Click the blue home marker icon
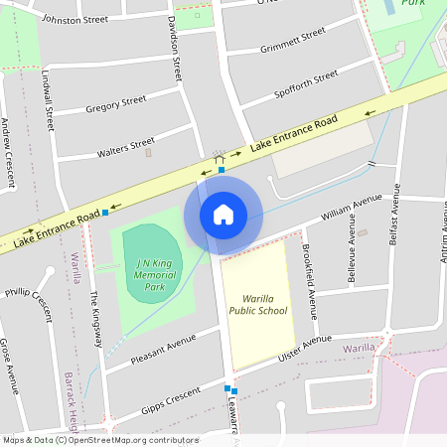tap(223, 215)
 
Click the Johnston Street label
tap(74, 19)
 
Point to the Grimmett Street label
tap(292, 41)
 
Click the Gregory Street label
tap(116, 103)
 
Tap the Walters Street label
tap(126, 148)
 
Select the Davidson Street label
tap(175, 48)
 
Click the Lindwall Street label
tap(48, 102)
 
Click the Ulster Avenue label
tap(304, 349)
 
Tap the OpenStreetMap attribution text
tap(99, 440)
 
